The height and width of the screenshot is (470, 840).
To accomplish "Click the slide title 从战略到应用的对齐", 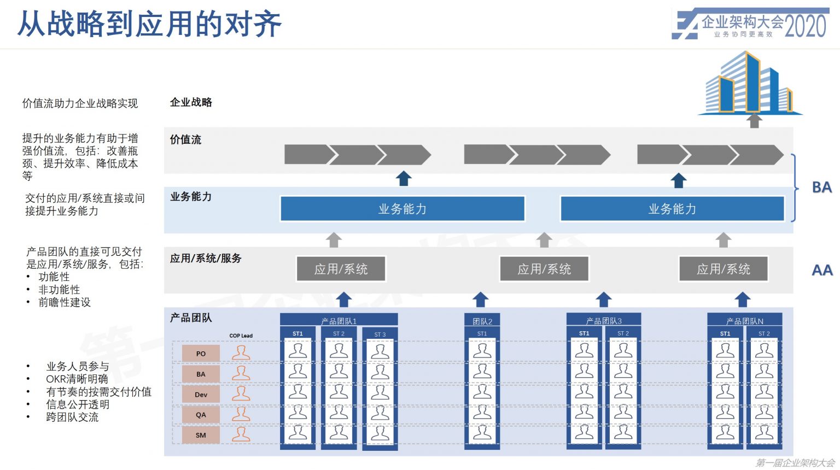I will (x=149, y=25).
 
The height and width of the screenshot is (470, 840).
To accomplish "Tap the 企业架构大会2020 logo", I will (x=750, y=24).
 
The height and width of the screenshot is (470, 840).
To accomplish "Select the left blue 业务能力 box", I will (x=402, y=209).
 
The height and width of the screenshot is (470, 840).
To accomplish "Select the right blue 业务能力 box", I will (x=672, y=209).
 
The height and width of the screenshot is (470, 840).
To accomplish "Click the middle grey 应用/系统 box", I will (x=544, y=269).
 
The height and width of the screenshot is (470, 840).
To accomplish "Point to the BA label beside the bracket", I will (x=821, y=187).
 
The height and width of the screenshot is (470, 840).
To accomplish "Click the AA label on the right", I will (x=822, y=270).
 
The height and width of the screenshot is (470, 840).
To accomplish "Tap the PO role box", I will (x=201, y=354).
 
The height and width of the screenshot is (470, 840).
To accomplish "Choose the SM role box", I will (x=201, y=435).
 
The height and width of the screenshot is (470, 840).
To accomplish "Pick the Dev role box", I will (x=201, y=395).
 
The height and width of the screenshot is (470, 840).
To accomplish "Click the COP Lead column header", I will (x=241, y=336).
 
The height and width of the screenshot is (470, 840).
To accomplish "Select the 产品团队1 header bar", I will (x=339, y=321).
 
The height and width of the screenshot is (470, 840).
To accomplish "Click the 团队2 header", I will (x=482, y=321).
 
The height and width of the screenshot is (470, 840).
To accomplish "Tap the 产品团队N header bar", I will (x=744, y=321).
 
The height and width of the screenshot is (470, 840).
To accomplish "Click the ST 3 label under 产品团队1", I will (x=380, y=334).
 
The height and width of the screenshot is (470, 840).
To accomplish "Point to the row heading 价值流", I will (x=185, y=140).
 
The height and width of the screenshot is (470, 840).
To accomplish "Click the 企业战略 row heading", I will (x=191, y=102).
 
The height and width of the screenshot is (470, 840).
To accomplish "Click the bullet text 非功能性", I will (x=59, y=290).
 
